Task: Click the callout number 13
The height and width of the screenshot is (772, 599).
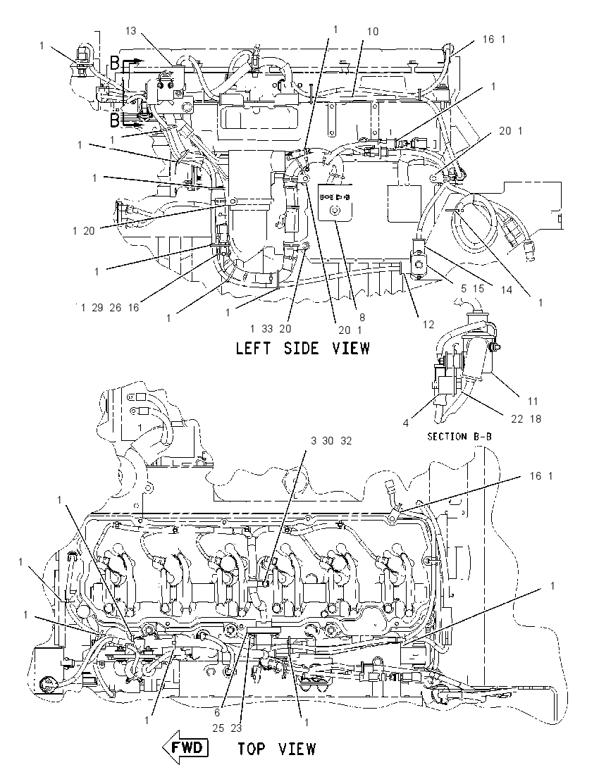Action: (130, 31)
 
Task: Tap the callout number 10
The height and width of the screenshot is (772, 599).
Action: (373, 32)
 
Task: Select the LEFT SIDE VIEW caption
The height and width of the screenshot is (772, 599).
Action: (302, 349)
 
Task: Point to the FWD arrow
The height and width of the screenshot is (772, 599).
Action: (185, 748)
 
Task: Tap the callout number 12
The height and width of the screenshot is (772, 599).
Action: (428, 325)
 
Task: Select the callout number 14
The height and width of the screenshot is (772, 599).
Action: (507, 290)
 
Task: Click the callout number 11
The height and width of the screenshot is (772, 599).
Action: (533, 401)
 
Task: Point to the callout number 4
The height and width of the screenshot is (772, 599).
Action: (406, 423)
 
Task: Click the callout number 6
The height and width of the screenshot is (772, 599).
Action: (217, 712)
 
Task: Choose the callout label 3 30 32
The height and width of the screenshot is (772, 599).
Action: (331, 441)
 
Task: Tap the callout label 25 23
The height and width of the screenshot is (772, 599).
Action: (227, 728)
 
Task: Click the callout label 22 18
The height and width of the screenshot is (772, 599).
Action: (526, 418)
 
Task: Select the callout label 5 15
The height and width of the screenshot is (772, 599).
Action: (473, 289)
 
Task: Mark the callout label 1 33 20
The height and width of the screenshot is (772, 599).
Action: (271, 329)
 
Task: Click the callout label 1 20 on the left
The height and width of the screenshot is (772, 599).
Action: (83, 230)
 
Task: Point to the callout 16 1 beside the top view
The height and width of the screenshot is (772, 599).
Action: (541, 476)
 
